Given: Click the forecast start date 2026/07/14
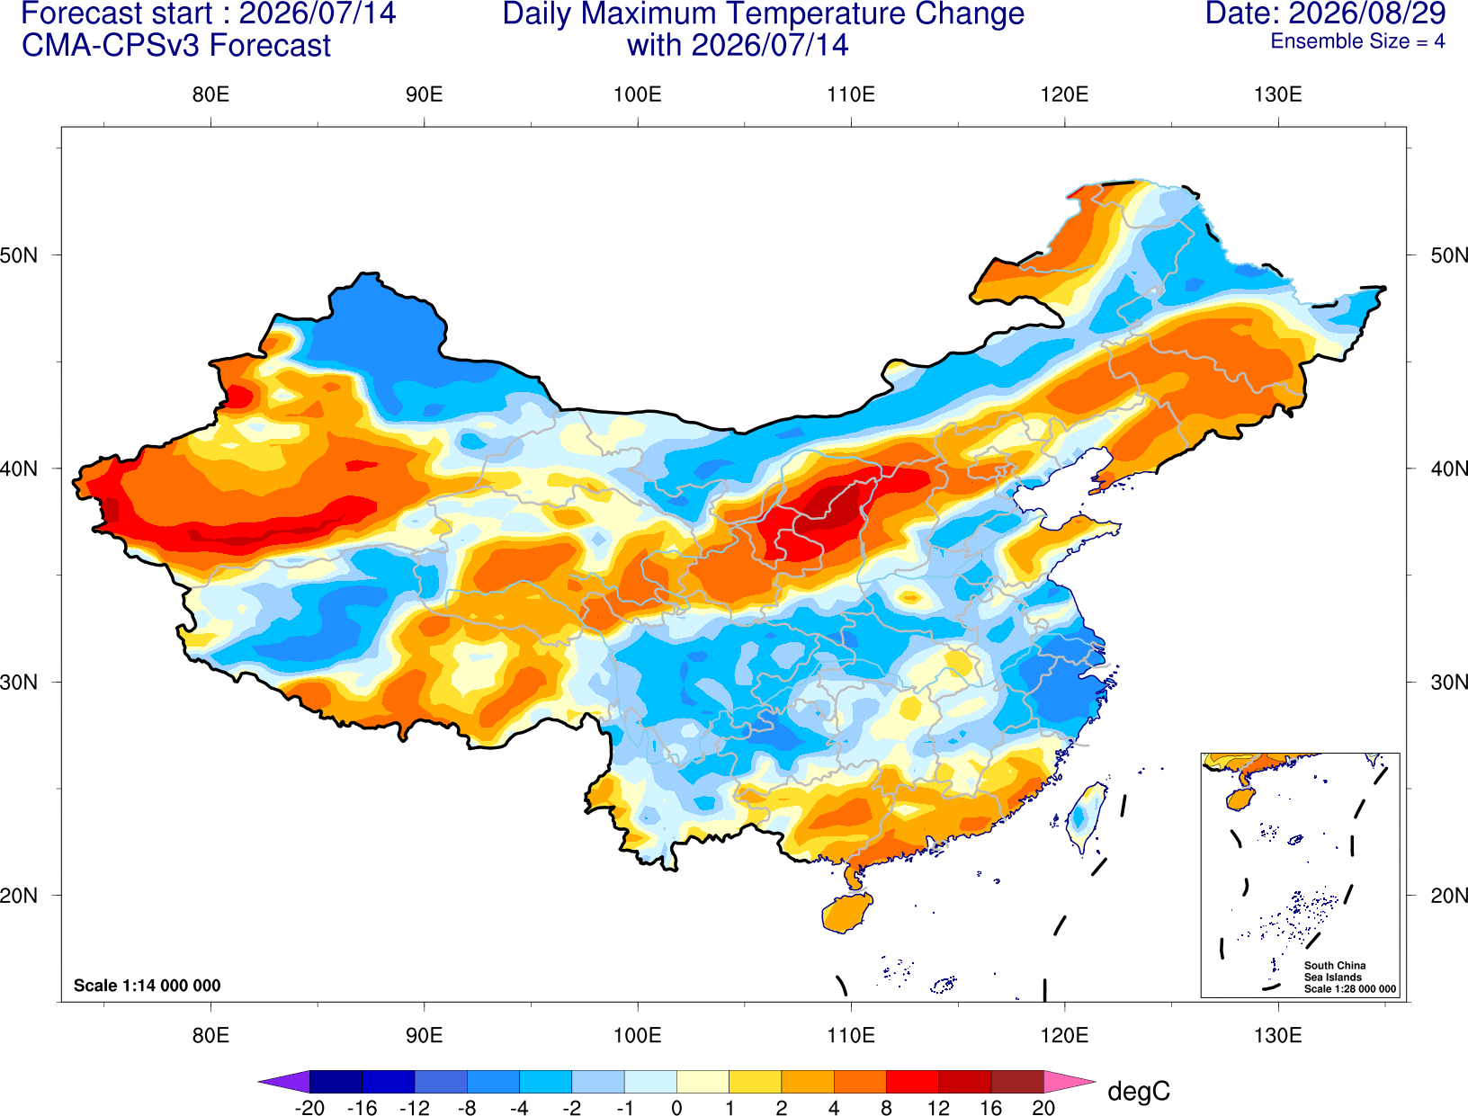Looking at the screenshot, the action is [x=318, y=13].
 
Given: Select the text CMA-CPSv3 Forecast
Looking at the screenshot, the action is [x=176, y=46].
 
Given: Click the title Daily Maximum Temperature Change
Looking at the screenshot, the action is [x=763, y=13].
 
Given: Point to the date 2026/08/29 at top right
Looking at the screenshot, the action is [x=1367, y=13].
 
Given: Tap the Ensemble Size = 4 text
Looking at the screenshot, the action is [x=1357, y=41].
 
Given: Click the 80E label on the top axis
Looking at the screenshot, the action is [x=210, y=94].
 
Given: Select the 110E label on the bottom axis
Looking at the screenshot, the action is [x=851, y=1036].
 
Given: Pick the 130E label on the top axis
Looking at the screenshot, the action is [x=1278, y=94].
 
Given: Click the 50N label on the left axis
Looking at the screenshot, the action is [x=19, y=254].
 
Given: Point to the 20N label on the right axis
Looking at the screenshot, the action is [x=1448, y=896].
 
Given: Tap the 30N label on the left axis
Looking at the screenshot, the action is [x=19, y=682].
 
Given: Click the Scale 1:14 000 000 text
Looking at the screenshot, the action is [x=148, y=985].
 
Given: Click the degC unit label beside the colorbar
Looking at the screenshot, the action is [x=1139, y=1091].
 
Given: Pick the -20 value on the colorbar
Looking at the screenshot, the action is [x=309, y=1108].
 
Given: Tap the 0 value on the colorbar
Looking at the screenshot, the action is [x=676, y=1108].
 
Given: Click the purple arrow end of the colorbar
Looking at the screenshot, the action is [x=283, y=1081].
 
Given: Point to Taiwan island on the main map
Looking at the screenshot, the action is [x=1084, y=817].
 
